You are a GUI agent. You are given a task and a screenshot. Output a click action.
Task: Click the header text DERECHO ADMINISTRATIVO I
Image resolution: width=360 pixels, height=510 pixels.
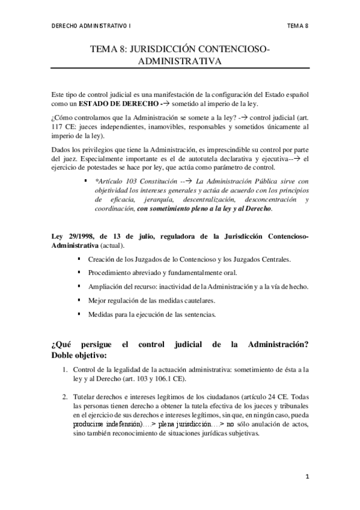click(91, 26)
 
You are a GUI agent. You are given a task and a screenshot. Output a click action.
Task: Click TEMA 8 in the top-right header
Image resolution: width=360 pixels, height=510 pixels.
click(297, 26)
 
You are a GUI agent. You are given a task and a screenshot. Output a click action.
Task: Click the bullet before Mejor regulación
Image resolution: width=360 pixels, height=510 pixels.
click(81, 300)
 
